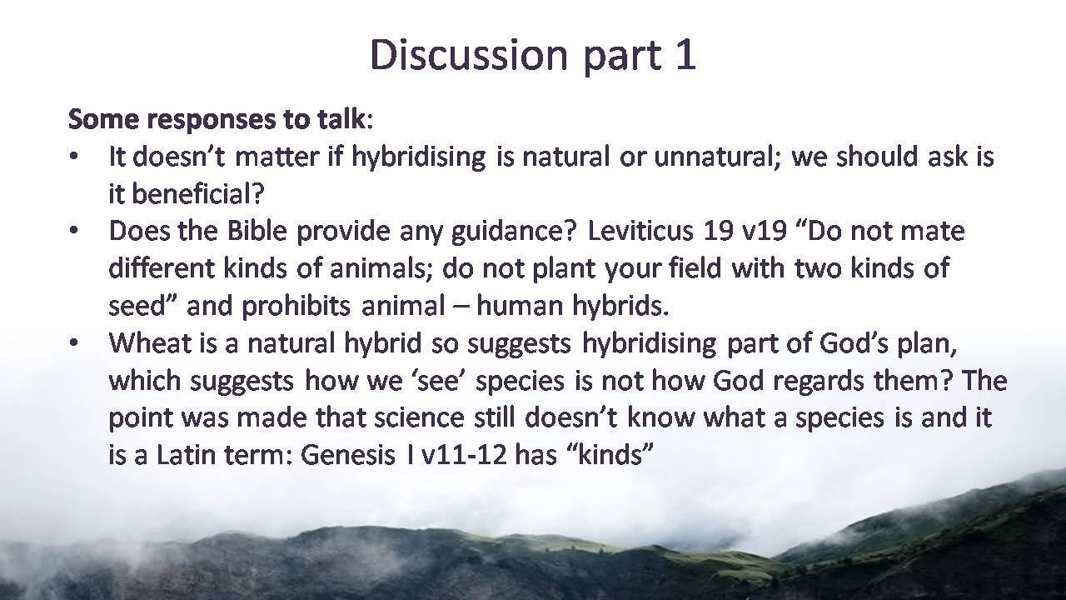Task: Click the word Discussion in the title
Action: [x=469, y=54]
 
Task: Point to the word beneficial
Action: [x=197, y=193]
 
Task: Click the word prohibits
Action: [x=296, y=306]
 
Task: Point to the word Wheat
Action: [x=150, y=342]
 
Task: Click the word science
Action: [x=419, y=418]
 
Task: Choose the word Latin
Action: [x=185, y=455]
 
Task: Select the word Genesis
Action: [x=348, y=455]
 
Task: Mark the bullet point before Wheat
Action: [x=73, y=342]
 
